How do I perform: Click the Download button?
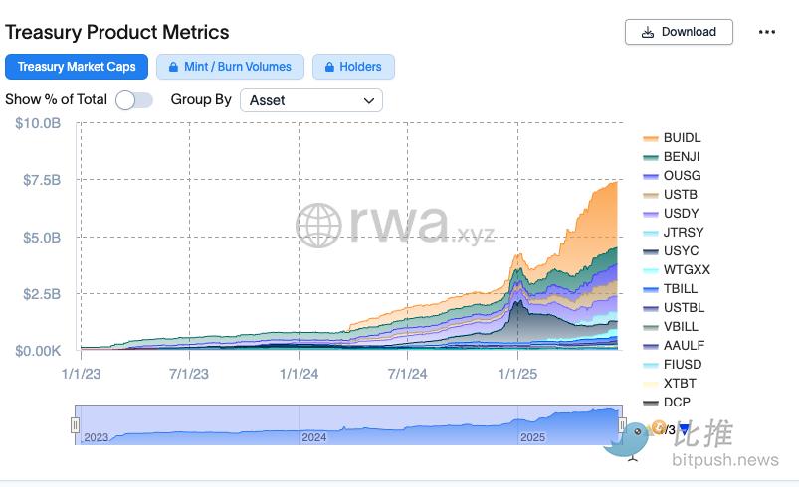click(x=679, y=32)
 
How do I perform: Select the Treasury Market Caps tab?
click(x=77, y=67)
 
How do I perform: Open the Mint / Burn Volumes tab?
click(x=230, y=67)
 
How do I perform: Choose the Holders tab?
click(x=353, y=67)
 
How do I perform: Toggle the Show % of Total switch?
click(x=133, y=99)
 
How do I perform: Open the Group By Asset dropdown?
click(x=311, y=100)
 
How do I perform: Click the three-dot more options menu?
click(x=766, y=32)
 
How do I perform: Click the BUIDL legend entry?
click(x=682, y=138)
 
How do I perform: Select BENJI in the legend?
click(x=682, y=157)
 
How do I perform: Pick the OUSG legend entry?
click(x=682, y=176)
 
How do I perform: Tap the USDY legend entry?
click(x=682, y=214)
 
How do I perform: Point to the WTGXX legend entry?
click(x=687, y=270)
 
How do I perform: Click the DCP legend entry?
click(x=677, y=403)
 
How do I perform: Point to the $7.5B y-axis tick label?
click(x=40, y=180)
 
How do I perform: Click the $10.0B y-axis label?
click(x=38, y=123)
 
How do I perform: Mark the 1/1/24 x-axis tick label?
click(x=299, y=374)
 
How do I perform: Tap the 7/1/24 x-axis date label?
click(x=407, y=374)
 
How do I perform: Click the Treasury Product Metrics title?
click(x=117, y=32)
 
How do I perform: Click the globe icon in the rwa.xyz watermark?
click(x=319, y=226)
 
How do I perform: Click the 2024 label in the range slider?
click(x=314, y=437)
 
